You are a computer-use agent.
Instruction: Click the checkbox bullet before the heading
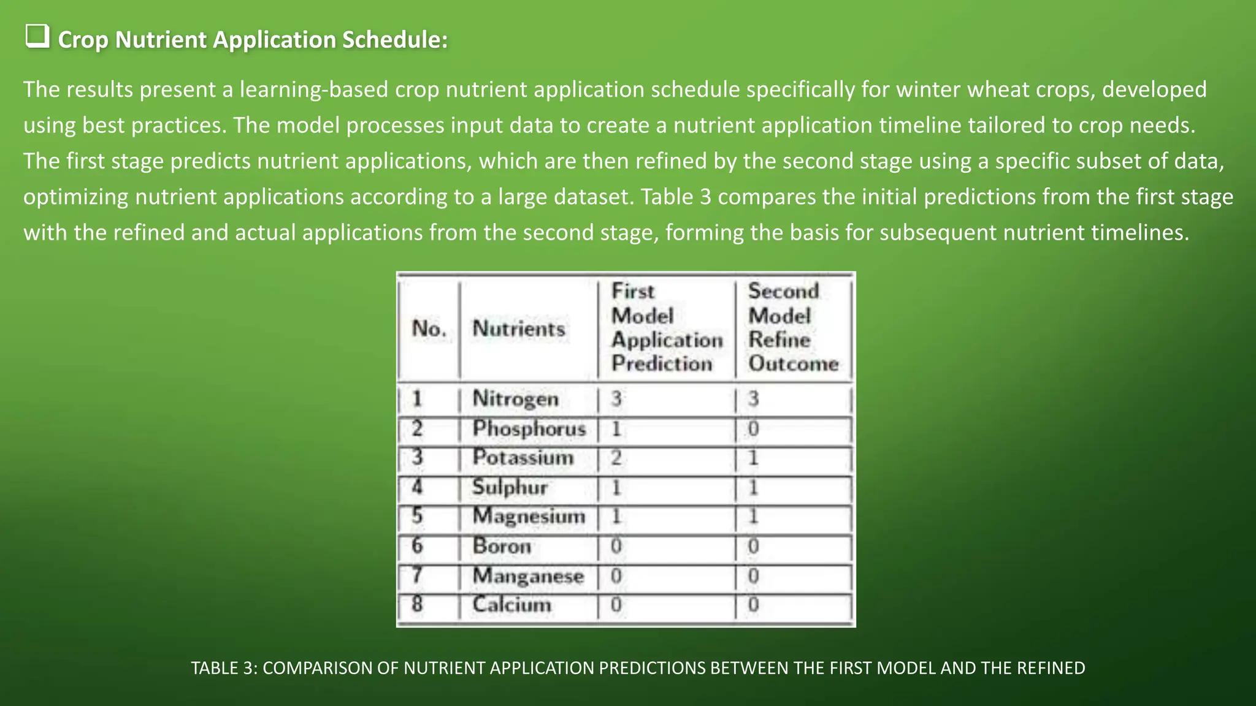pyautogui.click(x=37, y=37)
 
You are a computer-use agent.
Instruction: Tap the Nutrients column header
pyautogui.click(x=519, y=328)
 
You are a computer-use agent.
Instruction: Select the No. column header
pyautogui.click(x=429, y=328)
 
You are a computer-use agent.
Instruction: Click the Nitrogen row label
pyautogui.click(x=515, y=399)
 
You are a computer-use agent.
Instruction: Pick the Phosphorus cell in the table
pyautogui.click(x=529, y=428)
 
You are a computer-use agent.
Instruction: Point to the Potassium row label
pyautogui.click(x=523, y=457)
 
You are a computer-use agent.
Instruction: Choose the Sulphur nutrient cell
pyautogui.click(x=510, y=487)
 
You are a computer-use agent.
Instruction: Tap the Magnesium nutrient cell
pyautogui.click(x=529, y=516)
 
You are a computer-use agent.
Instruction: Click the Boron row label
pyautogui.click(x=502, y=545)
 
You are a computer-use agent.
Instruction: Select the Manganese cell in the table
pyautogui.click(x=528, y=575)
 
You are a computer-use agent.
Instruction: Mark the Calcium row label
pyautogui.click(x=511, y=604)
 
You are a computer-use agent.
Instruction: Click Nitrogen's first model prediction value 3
pyautogui.click(x=616, y=399)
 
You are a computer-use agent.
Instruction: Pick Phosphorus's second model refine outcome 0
pyautogui.click(x=753, y=428)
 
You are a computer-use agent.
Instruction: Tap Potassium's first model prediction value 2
pyautogui.click(x=616, y=457)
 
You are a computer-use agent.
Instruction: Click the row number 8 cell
pyautogui.click(x=417, y=604)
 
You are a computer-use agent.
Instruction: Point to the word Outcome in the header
pyautogui.click(x=793, y=363)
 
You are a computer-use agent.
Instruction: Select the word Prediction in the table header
pyautogui.click(x=662, y=363)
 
